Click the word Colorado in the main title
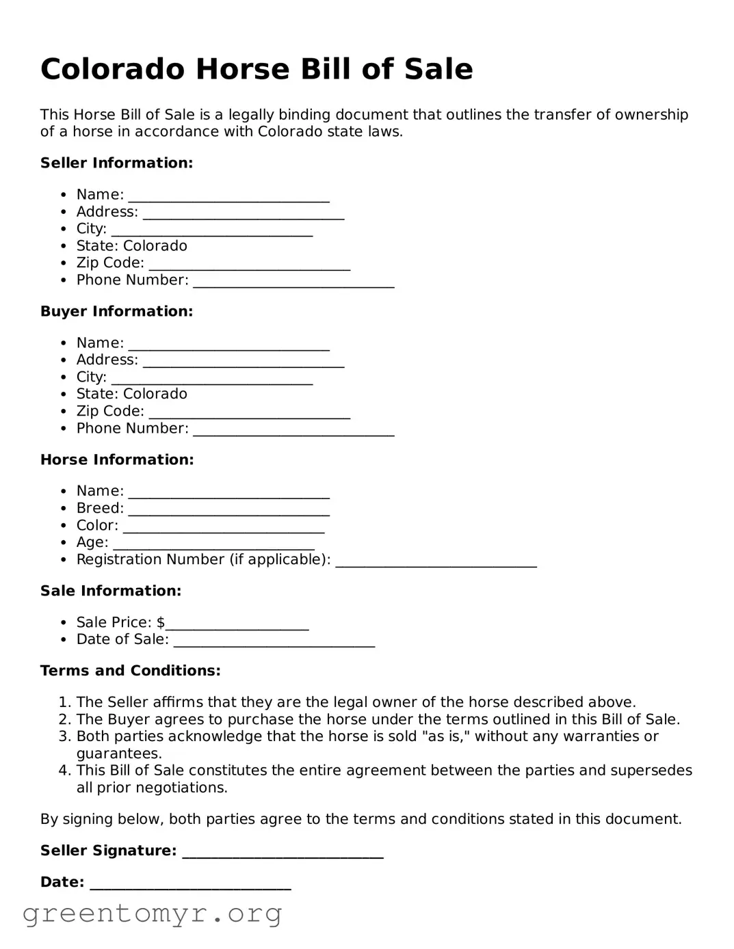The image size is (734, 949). point(112,70)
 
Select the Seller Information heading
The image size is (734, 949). point(116,163)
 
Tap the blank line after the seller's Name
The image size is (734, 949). point(228,197)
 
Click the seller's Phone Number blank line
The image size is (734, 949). point(293,282)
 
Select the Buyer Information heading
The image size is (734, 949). point(116,311)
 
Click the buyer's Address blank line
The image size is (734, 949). point(243,362)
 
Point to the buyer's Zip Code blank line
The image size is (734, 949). point(249,414)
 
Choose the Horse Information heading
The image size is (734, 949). point(117,459)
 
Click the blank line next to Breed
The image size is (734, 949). point(228,511)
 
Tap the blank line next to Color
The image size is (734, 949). point(224,528)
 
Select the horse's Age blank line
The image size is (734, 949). point(213,545)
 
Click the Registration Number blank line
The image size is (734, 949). point(436,562)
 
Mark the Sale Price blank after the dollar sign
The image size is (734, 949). point(237,625)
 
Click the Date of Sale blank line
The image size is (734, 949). point(274,642)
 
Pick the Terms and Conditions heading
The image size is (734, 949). point(130,671)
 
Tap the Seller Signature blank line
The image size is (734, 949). point(283,853)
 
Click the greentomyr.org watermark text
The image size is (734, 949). point(152,913)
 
